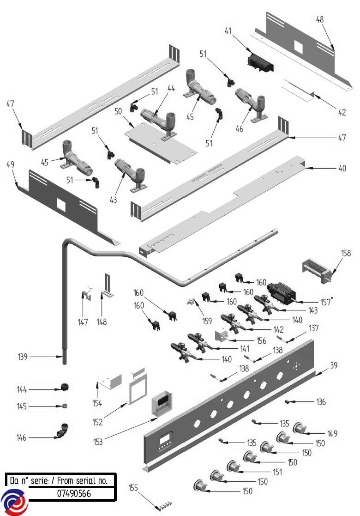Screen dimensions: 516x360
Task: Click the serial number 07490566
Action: (x=73, y=493)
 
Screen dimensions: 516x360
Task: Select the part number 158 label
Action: (x=346, y=253)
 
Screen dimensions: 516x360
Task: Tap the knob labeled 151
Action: (x=234, y=467)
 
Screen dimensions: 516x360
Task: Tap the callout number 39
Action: (x=333, y=365)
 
